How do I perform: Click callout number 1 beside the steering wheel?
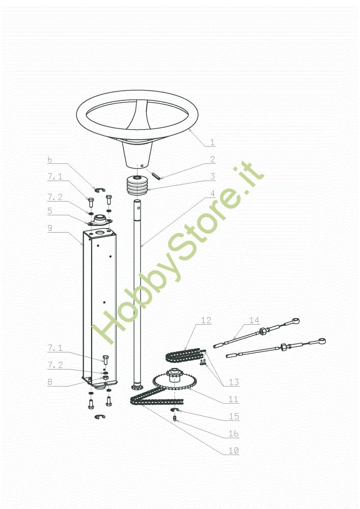(x=212, y=142)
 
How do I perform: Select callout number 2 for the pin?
(x=212, y=159)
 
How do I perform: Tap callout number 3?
(x=212, y=176)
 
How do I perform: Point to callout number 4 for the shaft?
(x=212, y=193)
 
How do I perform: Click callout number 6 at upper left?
(x=50, y=159)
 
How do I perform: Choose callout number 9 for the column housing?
(x=50, y=228)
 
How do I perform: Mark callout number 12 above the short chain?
(x=206, y=320)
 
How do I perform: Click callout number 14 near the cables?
(x=254, y=320)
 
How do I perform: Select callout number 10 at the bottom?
(x=234, y=450)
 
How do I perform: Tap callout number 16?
(x=234, y=433)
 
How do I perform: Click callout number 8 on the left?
(x=50, y=382)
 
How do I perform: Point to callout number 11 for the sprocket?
(x=234, y=399)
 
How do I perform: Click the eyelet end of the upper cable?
(x=295, y=321)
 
